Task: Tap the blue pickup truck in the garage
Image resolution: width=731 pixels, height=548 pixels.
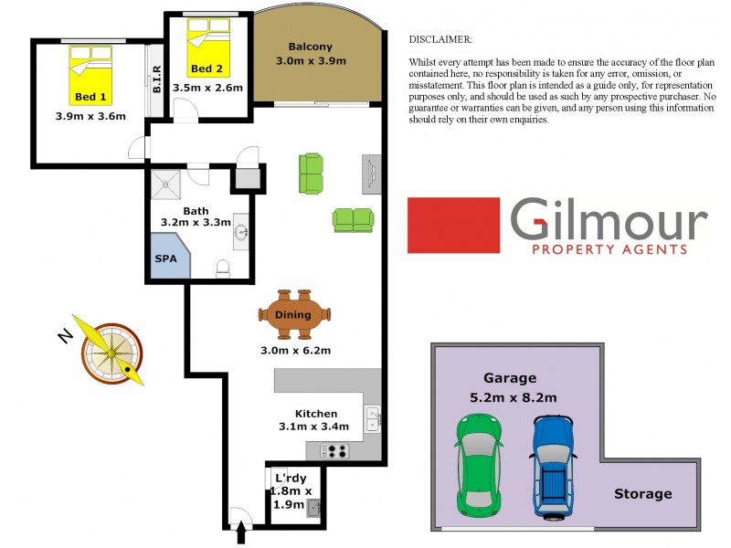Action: (x=553, y=466)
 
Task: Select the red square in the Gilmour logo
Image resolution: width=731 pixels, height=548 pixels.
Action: (x=453, y=225)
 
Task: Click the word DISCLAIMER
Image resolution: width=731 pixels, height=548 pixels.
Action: (x=440, y=40)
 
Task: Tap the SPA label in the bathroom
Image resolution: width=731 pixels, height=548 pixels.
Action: (x=166, y=258)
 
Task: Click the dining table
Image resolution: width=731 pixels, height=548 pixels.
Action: (x=294, y=316)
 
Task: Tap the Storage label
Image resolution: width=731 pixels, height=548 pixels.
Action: (x=642, y=494)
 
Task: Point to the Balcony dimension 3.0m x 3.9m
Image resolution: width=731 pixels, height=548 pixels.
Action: (x=311, y=61)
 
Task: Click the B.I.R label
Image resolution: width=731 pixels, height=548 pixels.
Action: (x=157, y=80)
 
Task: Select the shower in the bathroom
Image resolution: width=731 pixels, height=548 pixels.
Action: (x=167, y=184)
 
